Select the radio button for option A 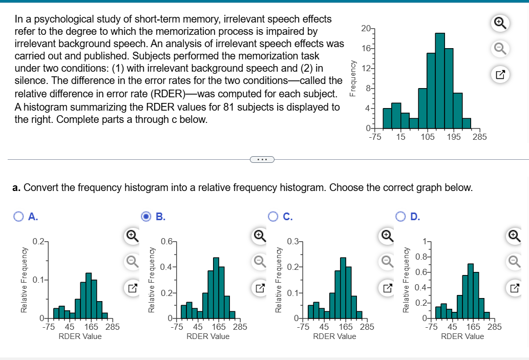[x=18, y=217]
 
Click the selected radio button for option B [x=146, y=217]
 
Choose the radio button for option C [x=274, y=217]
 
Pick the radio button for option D [x=402, y=217]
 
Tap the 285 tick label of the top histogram [x=480, y=137]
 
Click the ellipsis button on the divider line [x=262, y=159]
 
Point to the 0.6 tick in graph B [x=166, y=241]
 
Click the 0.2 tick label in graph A [x=37, y=241]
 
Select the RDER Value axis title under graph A [x=80, y=336]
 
